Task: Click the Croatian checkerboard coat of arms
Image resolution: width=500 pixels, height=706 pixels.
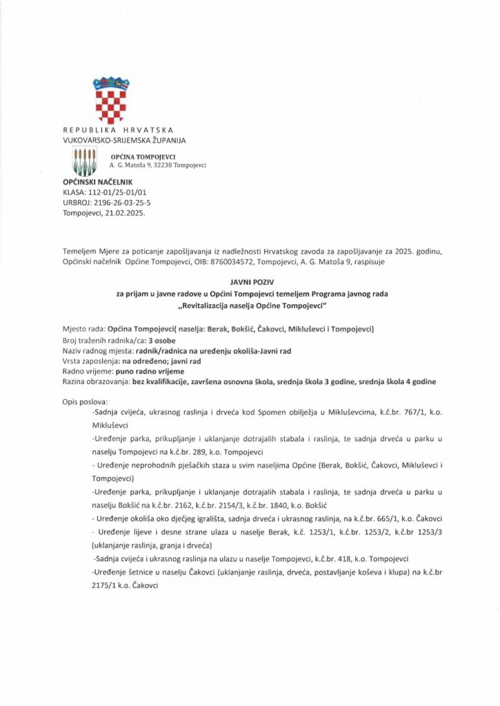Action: (x=110, y=101)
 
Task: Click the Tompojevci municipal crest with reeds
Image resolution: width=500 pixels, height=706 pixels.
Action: (x=84, y=161)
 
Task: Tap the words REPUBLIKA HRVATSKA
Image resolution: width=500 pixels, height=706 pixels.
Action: (x=118, y=130)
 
